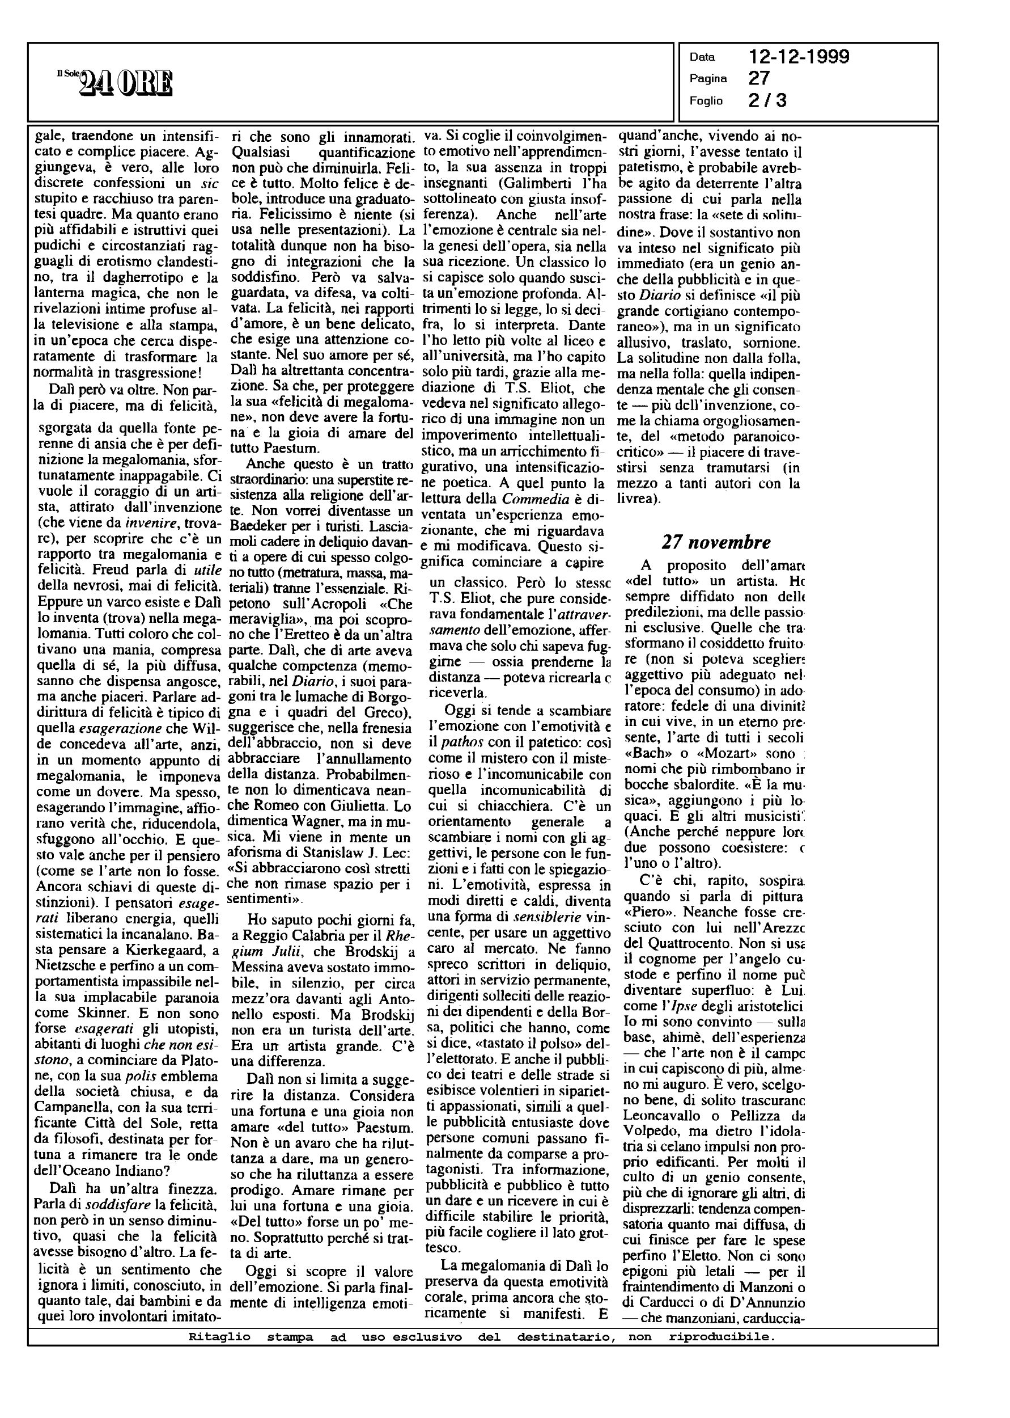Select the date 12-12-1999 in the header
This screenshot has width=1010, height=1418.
[x=799, y=57]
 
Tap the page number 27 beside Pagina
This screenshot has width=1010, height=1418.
[x=759, y=78]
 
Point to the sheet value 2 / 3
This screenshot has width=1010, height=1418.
[x=768, y=100]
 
